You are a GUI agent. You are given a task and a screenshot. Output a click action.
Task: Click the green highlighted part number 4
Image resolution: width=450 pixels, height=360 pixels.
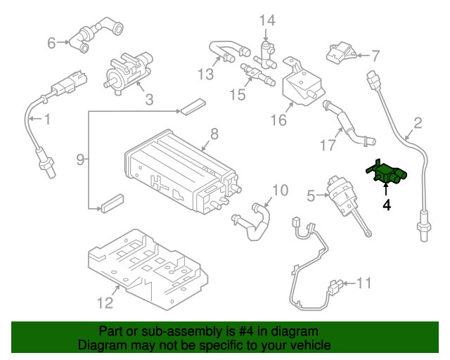coord(385,174)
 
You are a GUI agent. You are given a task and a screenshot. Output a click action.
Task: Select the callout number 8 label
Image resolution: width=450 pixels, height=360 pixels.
coord(214,133)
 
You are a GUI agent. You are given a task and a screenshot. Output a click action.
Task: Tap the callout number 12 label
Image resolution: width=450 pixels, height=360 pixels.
coord(104,303)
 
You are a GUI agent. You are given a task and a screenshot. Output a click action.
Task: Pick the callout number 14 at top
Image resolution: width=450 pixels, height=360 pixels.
coord(266,20)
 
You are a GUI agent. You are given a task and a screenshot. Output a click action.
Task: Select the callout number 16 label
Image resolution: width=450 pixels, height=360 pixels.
coord(279,120)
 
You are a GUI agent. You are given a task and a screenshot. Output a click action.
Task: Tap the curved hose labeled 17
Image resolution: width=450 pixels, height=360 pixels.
coord(347,126)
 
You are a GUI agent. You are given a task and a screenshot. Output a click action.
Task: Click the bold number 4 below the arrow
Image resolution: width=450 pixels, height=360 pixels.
coord(386,205)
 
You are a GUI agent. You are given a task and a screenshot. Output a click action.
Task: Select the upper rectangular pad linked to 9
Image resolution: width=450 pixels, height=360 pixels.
coord(191,106)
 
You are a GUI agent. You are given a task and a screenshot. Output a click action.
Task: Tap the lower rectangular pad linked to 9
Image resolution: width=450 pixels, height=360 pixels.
coord(112,206)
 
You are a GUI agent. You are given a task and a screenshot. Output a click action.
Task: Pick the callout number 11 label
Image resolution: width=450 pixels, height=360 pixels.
coord(363,283)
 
